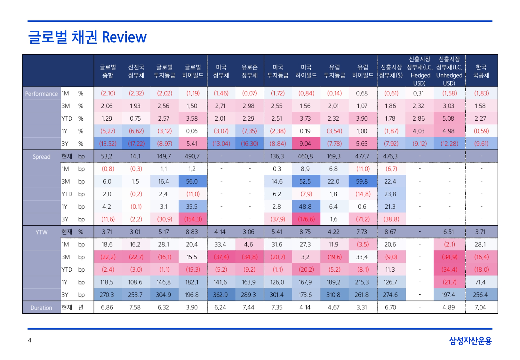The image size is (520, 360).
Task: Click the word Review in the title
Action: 124,37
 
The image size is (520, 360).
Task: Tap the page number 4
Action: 29,340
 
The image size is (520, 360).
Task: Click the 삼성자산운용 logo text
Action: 470,341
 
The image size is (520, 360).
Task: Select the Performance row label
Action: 41,94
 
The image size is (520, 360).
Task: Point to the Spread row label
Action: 41,157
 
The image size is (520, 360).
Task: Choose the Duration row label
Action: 41,308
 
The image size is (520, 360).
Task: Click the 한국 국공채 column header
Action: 481,71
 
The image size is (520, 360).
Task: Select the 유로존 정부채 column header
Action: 249,71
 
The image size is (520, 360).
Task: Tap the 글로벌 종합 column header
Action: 108,71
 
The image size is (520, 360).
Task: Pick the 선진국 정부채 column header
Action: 136,71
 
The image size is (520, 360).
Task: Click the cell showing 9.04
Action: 305,144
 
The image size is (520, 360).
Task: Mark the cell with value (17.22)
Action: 136,144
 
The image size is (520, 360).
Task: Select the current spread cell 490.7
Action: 192,156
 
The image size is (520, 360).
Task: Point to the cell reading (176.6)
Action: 306,219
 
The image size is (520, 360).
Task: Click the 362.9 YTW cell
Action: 220,295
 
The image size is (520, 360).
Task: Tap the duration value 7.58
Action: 135,308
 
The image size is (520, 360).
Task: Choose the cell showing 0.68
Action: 362,93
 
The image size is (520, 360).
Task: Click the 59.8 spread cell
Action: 362,181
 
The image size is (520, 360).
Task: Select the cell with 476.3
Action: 390,156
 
